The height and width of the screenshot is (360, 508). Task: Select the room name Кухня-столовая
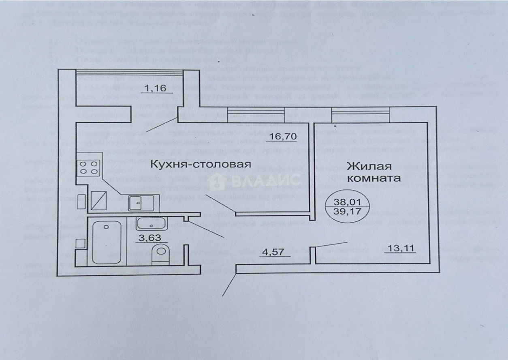coord(201,165)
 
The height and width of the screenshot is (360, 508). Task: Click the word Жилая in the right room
coord(369,166)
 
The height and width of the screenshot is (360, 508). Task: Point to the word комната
coord(374,178)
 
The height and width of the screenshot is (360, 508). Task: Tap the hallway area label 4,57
coord(275,253)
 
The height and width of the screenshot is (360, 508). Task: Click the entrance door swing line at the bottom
coord(228,285)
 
